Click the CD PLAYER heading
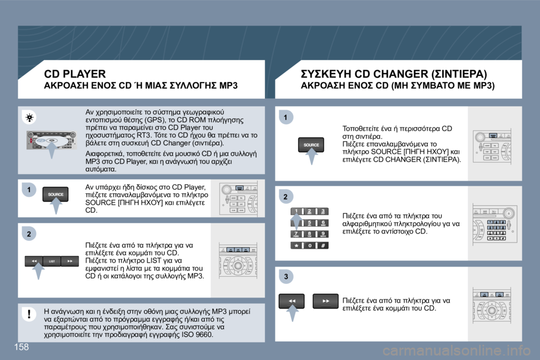coord(75,73)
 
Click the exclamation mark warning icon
coord(28,314)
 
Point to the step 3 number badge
coord(285,276)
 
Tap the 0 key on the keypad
coord(309,245)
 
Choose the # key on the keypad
coord(323,245)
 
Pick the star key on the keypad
coord(295,245)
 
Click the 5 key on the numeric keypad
coord(309,223)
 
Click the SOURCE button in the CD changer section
coord(311,145)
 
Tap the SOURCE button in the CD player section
coord(56,194)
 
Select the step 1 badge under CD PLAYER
coord(27,190)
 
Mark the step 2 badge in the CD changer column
coord(285,196)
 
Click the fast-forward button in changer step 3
coord(326,301)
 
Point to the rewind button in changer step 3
coord(292,301)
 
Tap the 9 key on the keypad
coord(323,233)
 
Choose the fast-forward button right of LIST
coord(70,261)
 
